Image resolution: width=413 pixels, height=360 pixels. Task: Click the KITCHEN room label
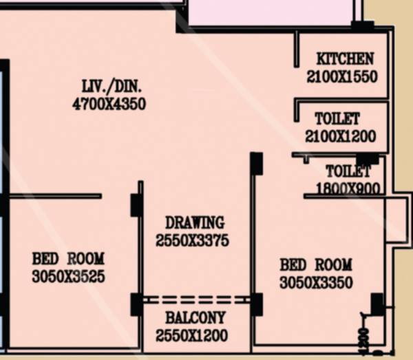pyautogui.click(x=345, y=59)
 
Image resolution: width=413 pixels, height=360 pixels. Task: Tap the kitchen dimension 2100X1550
pyautogui.click(x=342, y=76)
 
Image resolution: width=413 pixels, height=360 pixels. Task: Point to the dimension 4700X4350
pyautogui.click(x=109, y=105)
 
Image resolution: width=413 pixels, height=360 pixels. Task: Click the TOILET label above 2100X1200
pyautogui.click(x=337, y=118)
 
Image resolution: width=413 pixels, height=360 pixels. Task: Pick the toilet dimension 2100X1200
pyautogui.click(x=341, y=136)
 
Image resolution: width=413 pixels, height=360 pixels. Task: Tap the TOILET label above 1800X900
pyautogui.click(x=348, y=171)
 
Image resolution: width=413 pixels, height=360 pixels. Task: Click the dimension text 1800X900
pyautogui.click(x=348, y=187)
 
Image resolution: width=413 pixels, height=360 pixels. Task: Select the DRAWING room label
pyautogui.click(x=195, y=222)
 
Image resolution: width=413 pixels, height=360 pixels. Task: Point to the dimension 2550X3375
pyautogui.click(x=192, y=241)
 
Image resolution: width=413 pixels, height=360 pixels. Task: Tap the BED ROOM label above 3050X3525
pyautogui.click(x=68, y=259)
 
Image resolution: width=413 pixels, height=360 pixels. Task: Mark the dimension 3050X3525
pyautogui.click(x=68, y=277)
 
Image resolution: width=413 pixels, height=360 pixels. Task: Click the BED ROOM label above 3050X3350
pyautogui.click(x=316, y=264)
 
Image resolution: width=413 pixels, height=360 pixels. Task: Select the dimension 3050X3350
pyautogui.click(x=316, y=282)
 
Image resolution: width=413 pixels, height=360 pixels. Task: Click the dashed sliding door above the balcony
pyautogui.click(x=196, y=299)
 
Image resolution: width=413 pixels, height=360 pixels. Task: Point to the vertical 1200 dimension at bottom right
pyautogui.click(x=364, y=339)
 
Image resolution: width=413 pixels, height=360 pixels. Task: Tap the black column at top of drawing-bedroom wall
pyautogui.click(x=256, y=162)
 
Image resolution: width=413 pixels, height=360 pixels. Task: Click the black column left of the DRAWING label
pyautogui.click(x=136, y=204)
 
